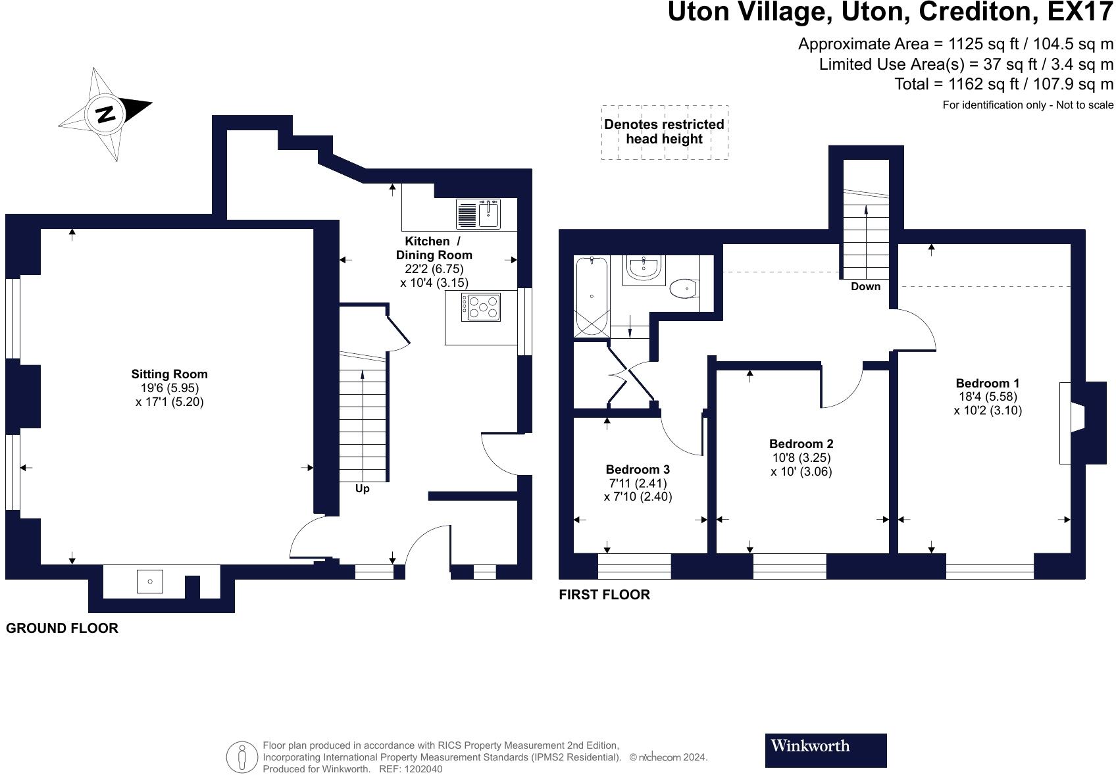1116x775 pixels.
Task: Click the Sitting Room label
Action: (x=169, y=374)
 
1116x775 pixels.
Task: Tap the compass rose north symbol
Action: (x=105, y=114)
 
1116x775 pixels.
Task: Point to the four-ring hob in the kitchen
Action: (x=481, y=307)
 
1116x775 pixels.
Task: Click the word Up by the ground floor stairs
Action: (x=362, y=489)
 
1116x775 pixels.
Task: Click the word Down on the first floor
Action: (x=865, y=287)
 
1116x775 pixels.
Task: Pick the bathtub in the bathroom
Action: (x=592, y=297)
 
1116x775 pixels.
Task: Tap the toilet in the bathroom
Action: (x=683, y=287)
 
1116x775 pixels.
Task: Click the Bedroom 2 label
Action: (x=801, y=444)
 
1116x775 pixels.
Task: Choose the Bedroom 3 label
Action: (x=638, y=470)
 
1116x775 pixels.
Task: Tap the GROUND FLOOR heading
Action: (x=62, y=628)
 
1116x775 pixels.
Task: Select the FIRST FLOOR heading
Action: (x=604, y=595)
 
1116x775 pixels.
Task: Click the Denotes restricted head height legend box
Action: (x=664, y=132)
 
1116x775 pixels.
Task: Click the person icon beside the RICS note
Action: (x=242, y=757)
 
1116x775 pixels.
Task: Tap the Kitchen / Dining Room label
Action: (x=433, y=248)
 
